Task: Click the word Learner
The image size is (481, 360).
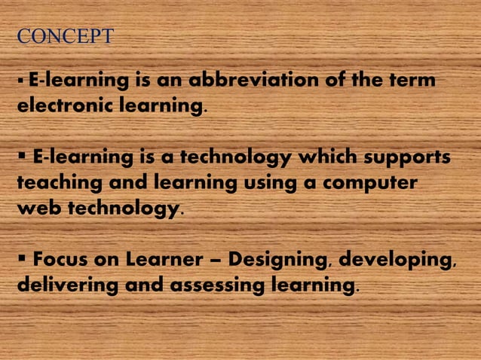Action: tap(158, 261)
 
